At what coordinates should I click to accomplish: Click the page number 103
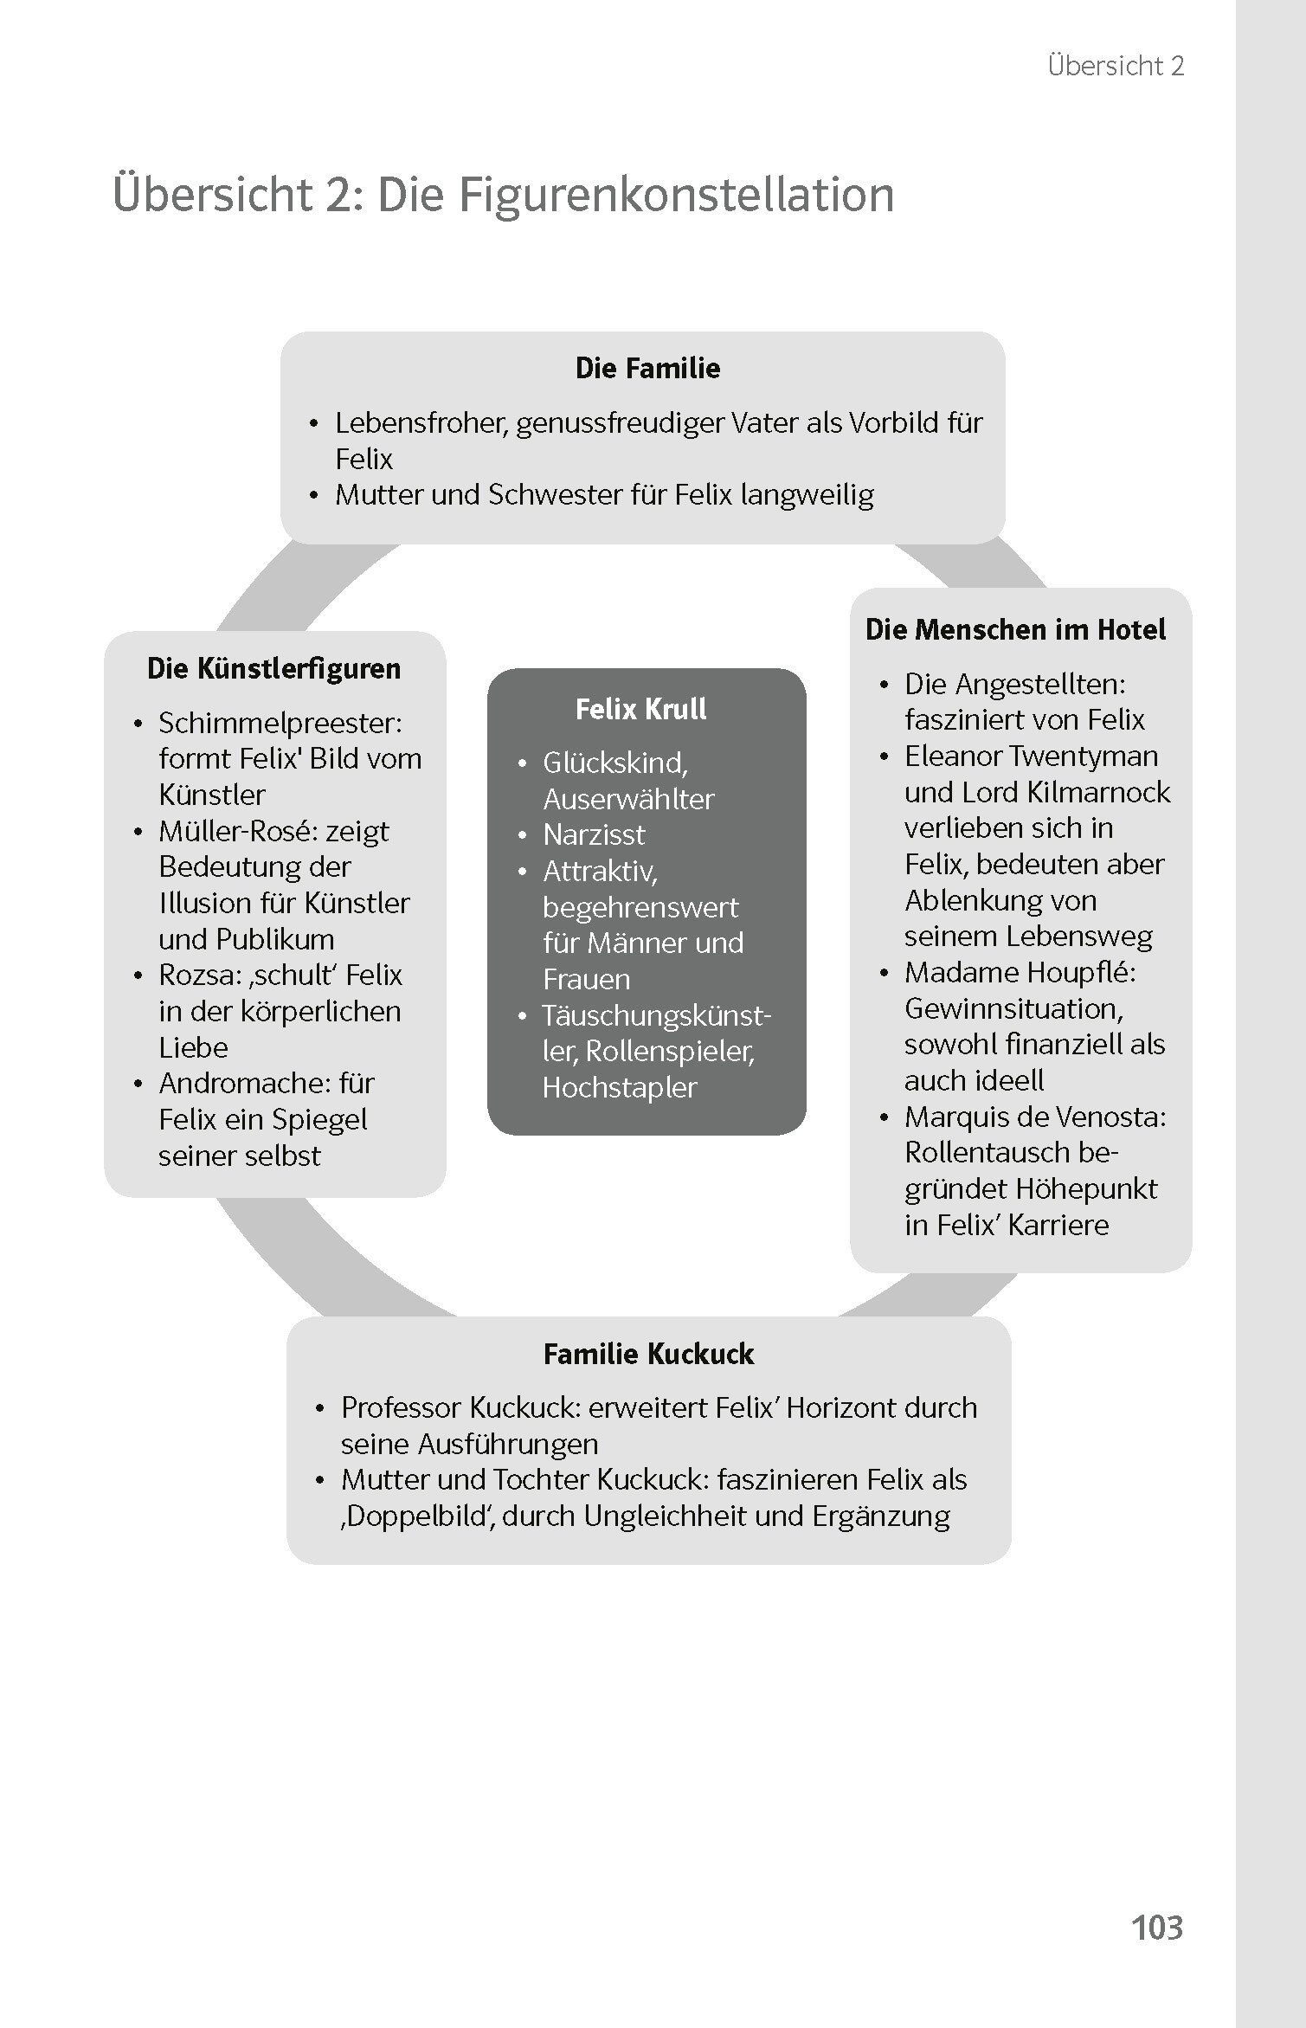pos(1156,1928)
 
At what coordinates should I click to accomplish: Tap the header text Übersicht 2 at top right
pos(1115,66)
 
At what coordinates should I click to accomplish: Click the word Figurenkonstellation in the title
pos(676,194)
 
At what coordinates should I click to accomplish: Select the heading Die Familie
pos(647,368)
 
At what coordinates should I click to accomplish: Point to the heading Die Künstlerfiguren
pos(274,668)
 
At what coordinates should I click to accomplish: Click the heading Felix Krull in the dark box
pos(640,709)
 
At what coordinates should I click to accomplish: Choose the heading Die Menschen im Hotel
pos(1015,629)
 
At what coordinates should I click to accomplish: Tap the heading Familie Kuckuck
pos(648,1354)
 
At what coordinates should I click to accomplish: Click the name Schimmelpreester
pos(280,723)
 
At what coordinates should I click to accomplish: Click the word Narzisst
pos(594,834)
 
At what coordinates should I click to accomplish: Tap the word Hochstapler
pos(619,1087)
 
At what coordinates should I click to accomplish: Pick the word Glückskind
pos(614,763)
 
